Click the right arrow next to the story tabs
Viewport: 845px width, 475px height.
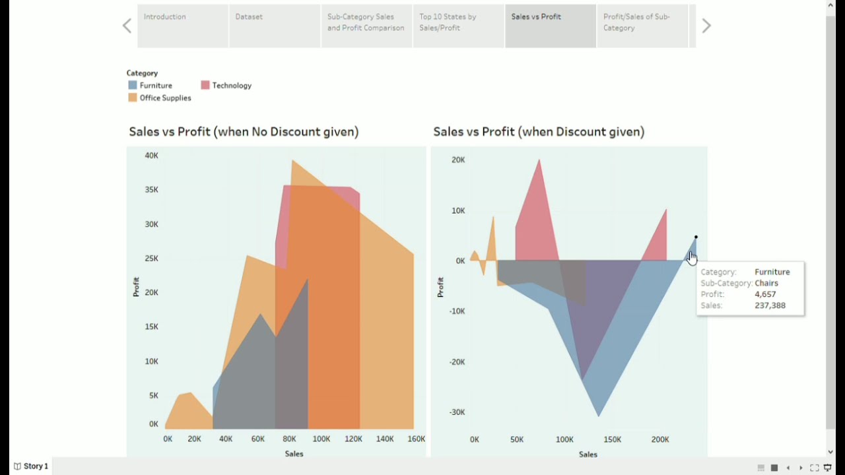[x=706, y=26]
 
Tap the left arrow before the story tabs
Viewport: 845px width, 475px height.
[x=127, y=26]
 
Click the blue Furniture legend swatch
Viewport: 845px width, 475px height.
[x=133, y=85]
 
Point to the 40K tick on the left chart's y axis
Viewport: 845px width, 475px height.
[x=152, y=156]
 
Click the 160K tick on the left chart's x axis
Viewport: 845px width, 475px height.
[x=416, y=439]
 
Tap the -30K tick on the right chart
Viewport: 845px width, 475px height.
[x=457, y=412]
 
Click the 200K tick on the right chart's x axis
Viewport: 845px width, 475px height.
[x=660, y=439]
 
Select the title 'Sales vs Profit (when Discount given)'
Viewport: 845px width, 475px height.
[x=539, y=132]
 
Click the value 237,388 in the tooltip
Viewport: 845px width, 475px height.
[x=770, y=305]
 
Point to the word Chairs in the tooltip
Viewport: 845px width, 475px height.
[x=766, y=283]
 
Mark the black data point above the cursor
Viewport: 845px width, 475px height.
[x=696, y=237]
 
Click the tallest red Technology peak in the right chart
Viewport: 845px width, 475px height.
[x=539, y=162]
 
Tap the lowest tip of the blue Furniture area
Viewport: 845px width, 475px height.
[x=599, y=415]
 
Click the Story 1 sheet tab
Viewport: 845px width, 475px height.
[x=31, y=466]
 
